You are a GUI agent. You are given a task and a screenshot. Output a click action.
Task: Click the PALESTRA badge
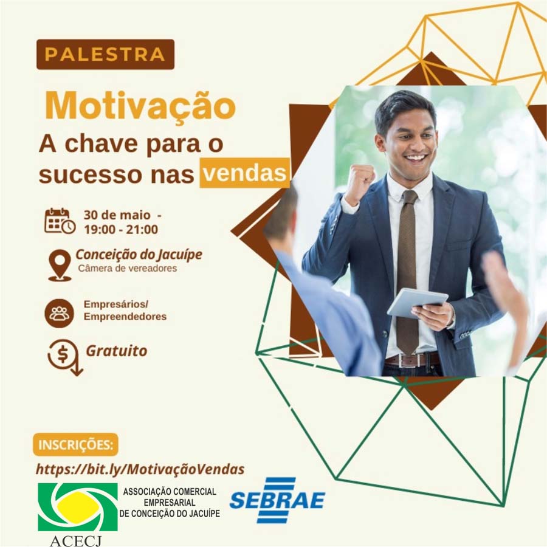(x=105, y=55)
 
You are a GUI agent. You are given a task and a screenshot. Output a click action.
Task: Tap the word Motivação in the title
(x=140, y=106)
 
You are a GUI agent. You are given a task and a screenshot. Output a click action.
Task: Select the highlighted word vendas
(x=244, y=173)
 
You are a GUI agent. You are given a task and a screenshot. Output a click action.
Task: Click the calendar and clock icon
(x=60, y=221)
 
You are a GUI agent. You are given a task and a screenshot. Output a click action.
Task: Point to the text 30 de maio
(x=117, y=215)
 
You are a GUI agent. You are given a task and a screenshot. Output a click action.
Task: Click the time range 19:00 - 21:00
(x=121, y=230)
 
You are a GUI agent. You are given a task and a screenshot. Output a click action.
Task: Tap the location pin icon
(x=60, y=266)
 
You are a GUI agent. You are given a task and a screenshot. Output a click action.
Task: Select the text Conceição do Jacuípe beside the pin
(x=139, y=255)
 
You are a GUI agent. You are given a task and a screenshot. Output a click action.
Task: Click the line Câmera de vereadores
(x=128, y=268)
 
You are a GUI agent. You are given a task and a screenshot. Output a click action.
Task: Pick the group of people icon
(x=60, y=313)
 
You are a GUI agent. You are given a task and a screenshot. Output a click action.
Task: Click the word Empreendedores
(x=125, y=317)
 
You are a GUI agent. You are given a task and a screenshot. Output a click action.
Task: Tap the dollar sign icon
(x=65, y=357)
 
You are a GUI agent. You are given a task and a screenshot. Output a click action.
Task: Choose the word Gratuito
(x=117, y=351)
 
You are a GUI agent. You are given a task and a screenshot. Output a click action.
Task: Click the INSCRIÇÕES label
(x=76, y=445)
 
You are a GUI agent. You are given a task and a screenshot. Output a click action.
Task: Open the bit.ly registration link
(x=140, y=469)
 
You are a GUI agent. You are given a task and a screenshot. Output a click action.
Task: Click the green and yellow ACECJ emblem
(x=77, y=506)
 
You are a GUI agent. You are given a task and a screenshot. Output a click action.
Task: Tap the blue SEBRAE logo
(x=277, y=500)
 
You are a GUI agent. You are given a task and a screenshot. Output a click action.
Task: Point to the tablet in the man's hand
(x=417, y=302)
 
